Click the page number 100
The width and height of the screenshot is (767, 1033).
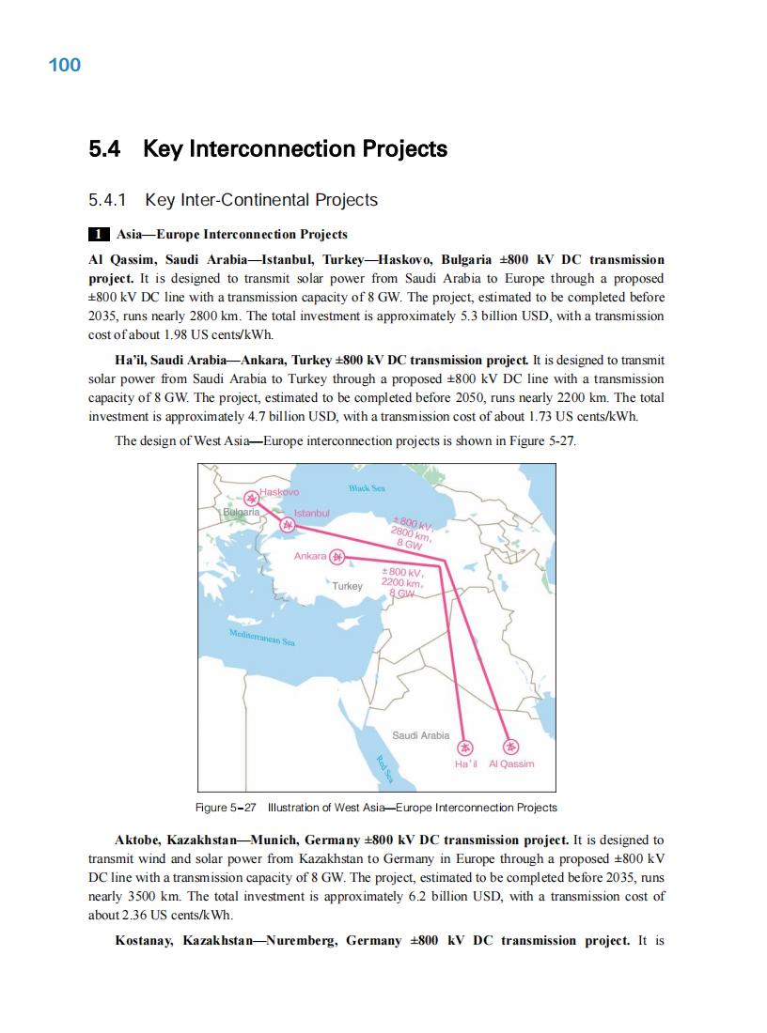[x=64, y=65]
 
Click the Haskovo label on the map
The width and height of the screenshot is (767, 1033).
[x=279, y=492]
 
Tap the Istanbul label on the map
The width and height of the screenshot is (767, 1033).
[x=313, y=514]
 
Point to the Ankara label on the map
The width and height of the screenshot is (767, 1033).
[x=310, y=557]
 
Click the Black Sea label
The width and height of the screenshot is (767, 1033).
[x=367, y=488]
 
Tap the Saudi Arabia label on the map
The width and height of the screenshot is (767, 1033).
[x=420, y=735]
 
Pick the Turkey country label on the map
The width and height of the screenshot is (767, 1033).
[x=348, y=585]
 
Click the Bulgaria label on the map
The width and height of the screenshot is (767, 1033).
[x=241, y=513]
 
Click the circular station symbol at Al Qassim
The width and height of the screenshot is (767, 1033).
[x=511, y=748]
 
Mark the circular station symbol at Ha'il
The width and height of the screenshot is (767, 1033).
[x=465, y=748]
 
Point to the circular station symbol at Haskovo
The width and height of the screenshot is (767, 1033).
[x=250, y=499]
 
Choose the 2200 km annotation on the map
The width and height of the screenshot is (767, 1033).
[x=399, y=582]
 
